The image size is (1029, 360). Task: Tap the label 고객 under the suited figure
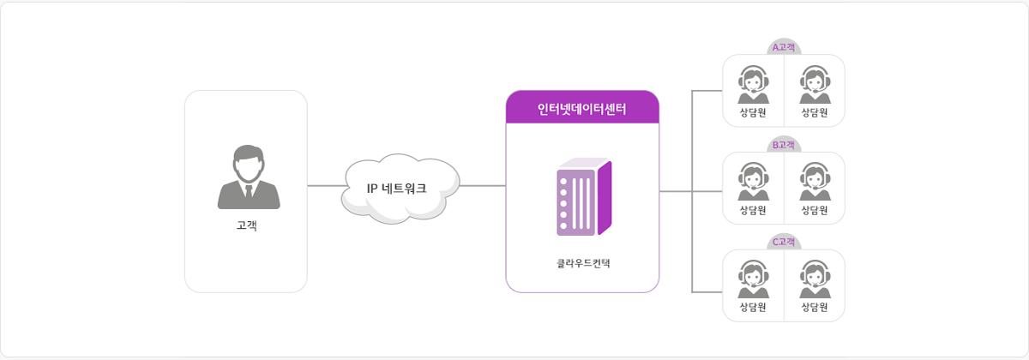(247, 226)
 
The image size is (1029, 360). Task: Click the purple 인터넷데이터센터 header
(582, 109)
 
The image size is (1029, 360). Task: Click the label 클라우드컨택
(583, 262)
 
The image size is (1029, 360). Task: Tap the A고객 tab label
(784, 48)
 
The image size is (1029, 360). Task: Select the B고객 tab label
(784, 146)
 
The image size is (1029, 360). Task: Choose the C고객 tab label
(784, 243)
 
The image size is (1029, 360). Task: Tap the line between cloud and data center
(483, 186)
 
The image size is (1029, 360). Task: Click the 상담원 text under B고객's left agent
(753, 210)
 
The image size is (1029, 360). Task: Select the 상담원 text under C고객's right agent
(814, 307)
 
